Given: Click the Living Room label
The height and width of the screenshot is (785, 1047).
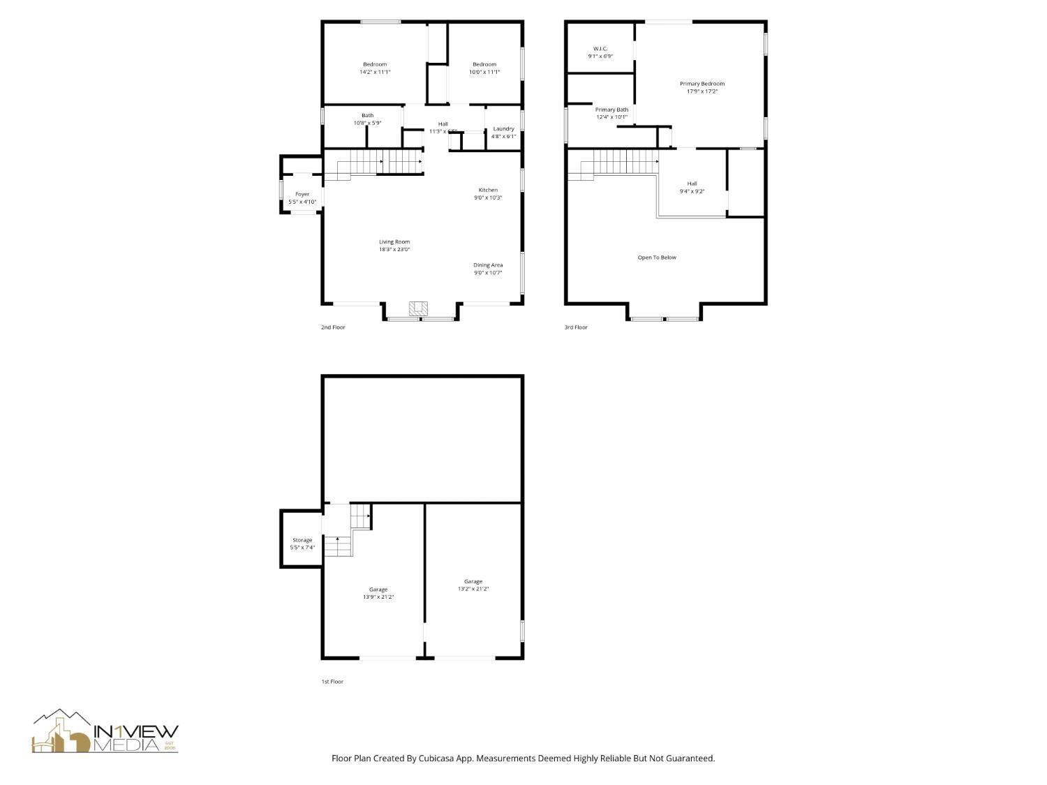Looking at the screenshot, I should coord(394,241).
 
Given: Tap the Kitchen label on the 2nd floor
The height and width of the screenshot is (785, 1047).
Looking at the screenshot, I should coord(488,190).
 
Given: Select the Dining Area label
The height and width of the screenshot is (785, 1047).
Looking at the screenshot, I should coord(488,265).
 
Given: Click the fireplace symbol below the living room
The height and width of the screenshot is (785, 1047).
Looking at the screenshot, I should coord(419,308).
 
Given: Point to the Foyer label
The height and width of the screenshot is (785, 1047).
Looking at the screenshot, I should coord(302,194).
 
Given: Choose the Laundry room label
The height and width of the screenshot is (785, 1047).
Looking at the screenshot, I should coord(503,128).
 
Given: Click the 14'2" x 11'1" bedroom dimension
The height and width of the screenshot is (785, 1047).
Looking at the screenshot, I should coord(375,72).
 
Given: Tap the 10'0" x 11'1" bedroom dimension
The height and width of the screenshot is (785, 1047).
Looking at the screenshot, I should coord(484,72).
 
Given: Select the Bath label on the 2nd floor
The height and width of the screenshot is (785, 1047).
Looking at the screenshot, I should coord(367,115).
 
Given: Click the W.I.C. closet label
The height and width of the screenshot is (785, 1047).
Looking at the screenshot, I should coord(600,48).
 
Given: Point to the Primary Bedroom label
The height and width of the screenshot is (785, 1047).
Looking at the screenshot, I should coord(702,83).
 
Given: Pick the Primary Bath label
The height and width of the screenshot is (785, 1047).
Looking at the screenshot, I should coord(611,110).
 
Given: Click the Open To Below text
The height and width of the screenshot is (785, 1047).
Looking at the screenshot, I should coord(657,257).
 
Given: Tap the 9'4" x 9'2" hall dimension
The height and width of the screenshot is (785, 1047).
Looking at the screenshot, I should coord(692,191).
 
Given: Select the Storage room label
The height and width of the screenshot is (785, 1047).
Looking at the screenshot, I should coord(302,539).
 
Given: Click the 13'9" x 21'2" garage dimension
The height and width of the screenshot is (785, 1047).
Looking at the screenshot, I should coord(378,597).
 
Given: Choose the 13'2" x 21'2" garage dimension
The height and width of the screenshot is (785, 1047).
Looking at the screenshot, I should coord(473,589).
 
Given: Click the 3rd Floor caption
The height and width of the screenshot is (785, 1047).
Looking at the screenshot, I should coord(576,327).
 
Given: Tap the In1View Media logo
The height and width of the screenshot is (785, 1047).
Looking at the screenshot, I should coord(105,733).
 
